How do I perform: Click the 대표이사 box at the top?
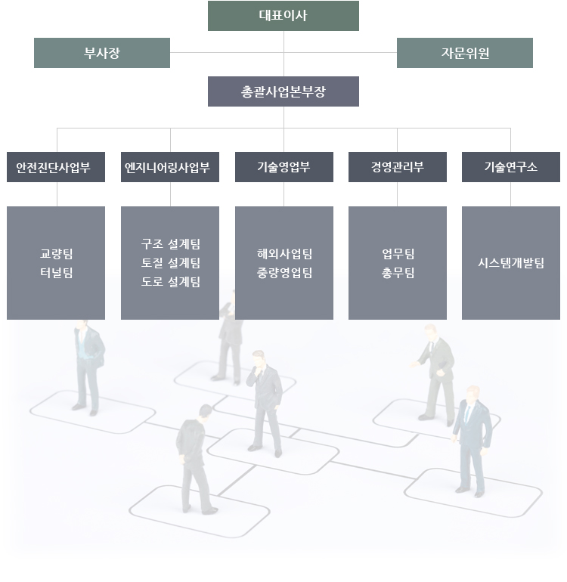coord(283,16)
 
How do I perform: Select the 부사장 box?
coord(102,53)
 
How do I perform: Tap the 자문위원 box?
coord(465,53)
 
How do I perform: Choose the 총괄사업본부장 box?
coord(283,91)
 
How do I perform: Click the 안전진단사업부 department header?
coord(56,167)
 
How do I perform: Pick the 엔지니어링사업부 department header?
coord(170,167)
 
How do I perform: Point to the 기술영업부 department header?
coord(283,167)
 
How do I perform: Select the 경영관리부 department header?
coord(397,167)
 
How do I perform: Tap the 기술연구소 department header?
coord(510,167)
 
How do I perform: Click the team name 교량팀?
coord(56,254)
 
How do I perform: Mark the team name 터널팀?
coord(56,273)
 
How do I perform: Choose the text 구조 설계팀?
coord(170,244)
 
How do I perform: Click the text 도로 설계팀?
coord(170,282)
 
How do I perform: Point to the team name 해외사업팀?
coord(283,254)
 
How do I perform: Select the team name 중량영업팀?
coord(283,273)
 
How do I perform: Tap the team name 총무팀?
coord(398,273)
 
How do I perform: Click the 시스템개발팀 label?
coord(510,263)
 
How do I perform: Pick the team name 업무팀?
coord(398,254)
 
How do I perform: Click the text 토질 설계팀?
coord(170,263)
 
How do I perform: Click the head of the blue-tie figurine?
coord(472,395)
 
